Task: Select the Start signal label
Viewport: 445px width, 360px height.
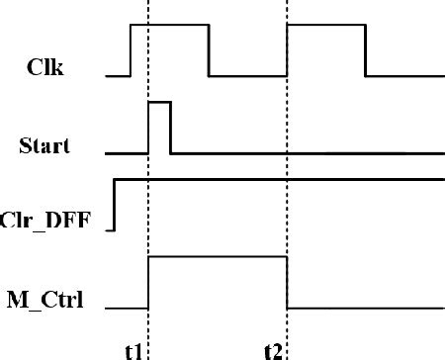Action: click(x=44, y=148)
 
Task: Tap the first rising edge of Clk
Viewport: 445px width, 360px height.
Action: click(x=131, y=49)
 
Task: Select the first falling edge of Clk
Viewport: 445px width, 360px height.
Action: click(x=209, y=49)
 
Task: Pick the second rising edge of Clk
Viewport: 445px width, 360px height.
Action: click(x=287, y=49)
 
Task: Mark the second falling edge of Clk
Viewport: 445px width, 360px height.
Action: click(x=366, y=49)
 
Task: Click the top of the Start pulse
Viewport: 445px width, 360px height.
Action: click(x=159, y=101)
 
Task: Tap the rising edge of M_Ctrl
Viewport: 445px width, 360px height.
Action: click(x=148, y=282)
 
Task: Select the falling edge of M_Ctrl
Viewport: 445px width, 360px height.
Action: click(x=287, y=282)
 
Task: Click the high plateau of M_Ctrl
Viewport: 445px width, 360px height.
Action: click(x=218, y=256)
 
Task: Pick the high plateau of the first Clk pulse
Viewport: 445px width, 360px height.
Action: click(x=169, y=26)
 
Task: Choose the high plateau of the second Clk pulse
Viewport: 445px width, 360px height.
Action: click(x=326, y=26)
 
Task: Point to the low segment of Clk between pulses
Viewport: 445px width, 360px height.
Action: click(x=247, y=74)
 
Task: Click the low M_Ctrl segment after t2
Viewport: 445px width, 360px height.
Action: click(x=366, y=308)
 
